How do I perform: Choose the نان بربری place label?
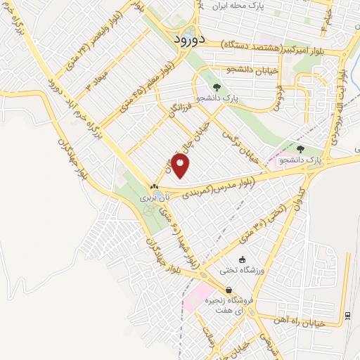coord(151,198)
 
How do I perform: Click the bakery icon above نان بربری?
coord(154,186)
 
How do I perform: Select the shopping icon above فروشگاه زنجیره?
coord(229,290)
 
